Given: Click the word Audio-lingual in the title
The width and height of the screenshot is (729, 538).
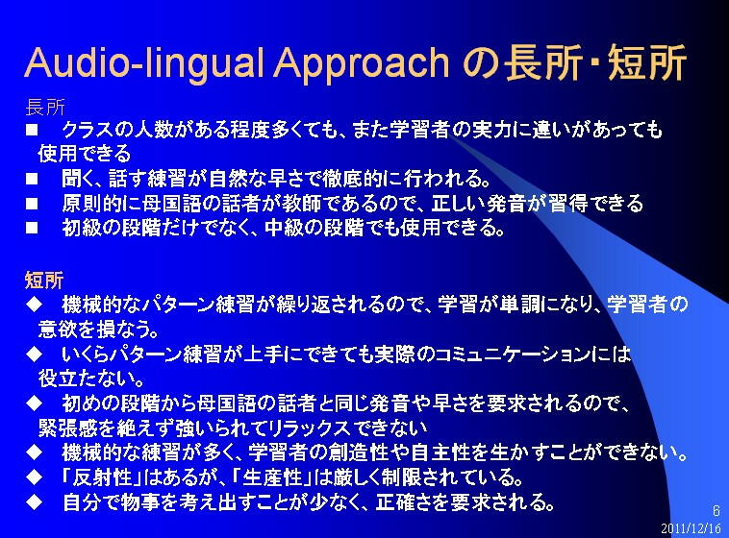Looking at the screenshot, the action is tap(143, 62).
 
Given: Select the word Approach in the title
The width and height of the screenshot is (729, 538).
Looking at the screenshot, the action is tap(362, 62).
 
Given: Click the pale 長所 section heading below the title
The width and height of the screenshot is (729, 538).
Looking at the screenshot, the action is tap(45, 107).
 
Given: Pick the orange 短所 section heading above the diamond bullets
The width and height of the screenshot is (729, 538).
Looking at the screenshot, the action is tap(44, 281).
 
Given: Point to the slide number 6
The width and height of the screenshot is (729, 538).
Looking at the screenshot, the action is tap(716, 511).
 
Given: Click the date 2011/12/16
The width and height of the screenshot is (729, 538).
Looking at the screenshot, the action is tap(691, 528).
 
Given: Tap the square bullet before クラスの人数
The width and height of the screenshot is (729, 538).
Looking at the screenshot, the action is tap(32, 129).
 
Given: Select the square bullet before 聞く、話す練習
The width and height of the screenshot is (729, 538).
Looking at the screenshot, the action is tap(32, 179).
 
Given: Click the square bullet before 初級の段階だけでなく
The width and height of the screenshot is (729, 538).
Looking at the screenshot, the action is tap(32, 228).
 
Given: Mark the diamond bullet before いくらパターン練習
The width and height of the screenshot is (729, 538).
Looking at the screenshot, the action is tap(35, 354).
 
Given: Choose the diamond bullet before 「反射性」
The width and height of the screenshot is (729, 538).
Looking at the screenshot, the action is tap(35, 477).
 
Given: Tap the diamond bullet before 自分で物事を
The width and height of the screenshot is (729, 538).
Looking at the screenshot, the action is tap(35, 501).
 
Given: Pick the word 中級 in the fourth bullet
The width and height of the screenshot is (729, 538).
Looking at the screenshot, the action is tap(283, 228).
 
